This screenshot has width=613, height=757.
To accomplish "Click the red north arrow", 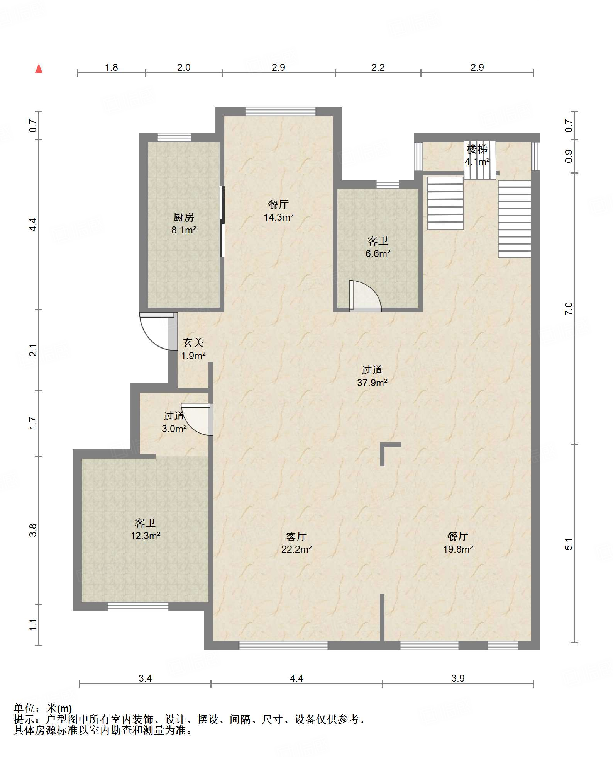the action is pyautogui.click(x=39, y=68).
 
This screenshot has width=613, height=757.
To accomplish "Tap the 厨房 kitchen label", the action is pyautogui.click(x=184, y=218).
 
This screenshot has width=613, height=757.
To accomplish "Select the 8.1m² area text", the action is pyautogui.click(x=184, y=230).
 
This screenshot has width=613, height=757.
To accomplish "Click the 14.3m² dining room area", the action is pyautogui.click(x=278, y=217).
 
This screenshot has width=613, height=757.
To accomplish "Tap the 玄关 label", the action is pyautogui.click(x=193, y=342).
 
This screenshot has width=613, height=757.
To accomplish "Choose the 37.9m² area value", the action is pyautogui.click(x=372, y=383).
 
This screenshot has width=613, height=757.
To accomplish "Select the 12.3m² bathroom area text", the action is pyautogui.click(x=145, y=536).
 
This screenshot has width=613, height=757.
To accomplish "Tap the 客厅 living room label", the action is pyautogui.click(x=296, y=536).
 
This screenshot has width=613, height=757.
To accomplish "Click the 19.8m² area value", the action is pyautogui.click(x=458, y=549).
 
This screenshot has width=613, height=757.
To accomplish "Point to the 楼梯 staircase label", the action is pyautogui.click(x=477, y=149).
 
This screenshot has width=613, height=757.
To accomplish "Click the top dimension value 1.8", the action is pyautogui.click(x=111, y=67).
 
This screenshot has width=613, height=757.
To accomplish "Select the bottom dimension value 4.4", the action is pyautogui.click(x=296, y=678).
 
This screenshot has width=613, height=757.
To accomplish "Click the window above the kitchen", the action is pyautogui.click(x=174, y=137).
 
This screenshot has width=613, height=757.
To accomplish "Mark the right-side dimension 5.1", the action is pyautogui.click(x=568, y=544).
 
